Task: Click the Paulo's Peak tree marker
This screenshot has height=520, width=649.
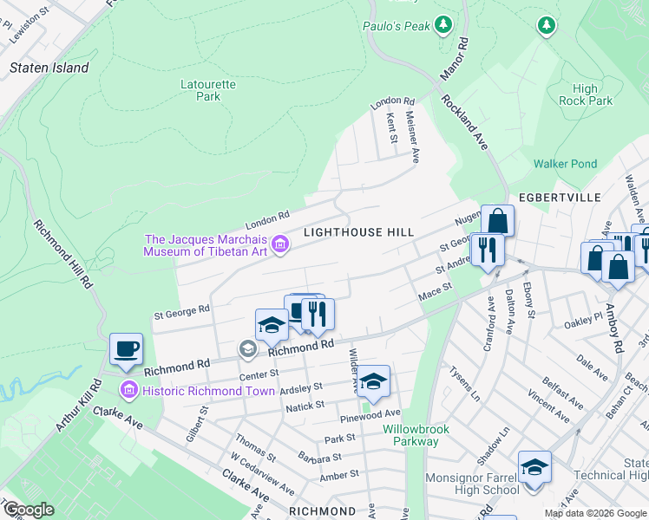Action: [x=444, y=24]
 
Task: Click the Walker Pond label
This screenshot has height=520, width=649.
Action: [x=565, y=164]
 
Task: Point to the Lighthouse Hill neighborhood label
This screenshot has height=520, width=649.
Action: [x=358, y=232]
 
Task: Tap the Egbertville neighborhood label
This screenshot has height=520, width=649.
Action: [x=560, y=198]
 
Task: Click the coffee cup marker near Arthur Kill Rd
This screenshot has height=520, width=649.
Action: [x=126, y=348]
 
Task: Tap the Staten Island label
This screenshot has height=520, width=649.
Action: [x=49, y=68]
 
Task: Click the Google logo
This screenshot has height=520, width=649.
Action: [x=29, y=510]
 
